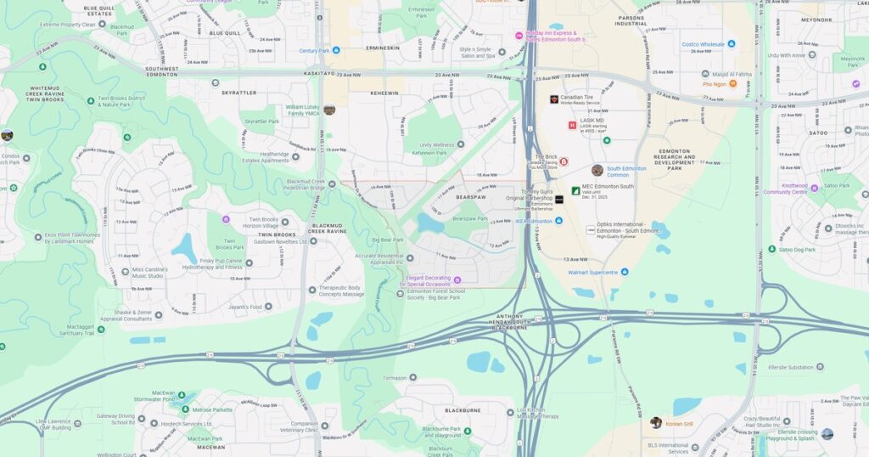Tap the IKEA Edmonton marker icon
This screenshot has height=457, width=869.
click(558, 221)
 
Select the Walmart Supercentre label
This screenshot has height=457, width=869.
click(588, 273)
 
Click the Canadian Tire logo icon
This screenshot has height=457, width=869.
click(554, 99)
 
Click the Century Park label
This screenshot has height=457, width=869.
click(313, 51)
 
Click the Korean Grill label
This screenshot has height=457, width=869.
click(679, 423)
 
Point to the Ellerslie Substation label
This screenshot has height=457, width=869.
click(789, 368)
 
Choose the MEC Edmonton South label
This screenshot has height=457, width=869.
click(608, 186)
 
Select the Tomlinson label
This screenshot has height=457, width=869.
click(395, 378)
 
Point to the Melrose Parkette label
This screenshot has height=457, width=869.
click(212, 409)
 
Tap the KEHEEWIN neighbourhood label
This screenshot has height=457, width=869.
click(384, 93)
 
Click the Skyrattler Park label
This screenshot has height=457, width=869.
click(261, 121)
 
